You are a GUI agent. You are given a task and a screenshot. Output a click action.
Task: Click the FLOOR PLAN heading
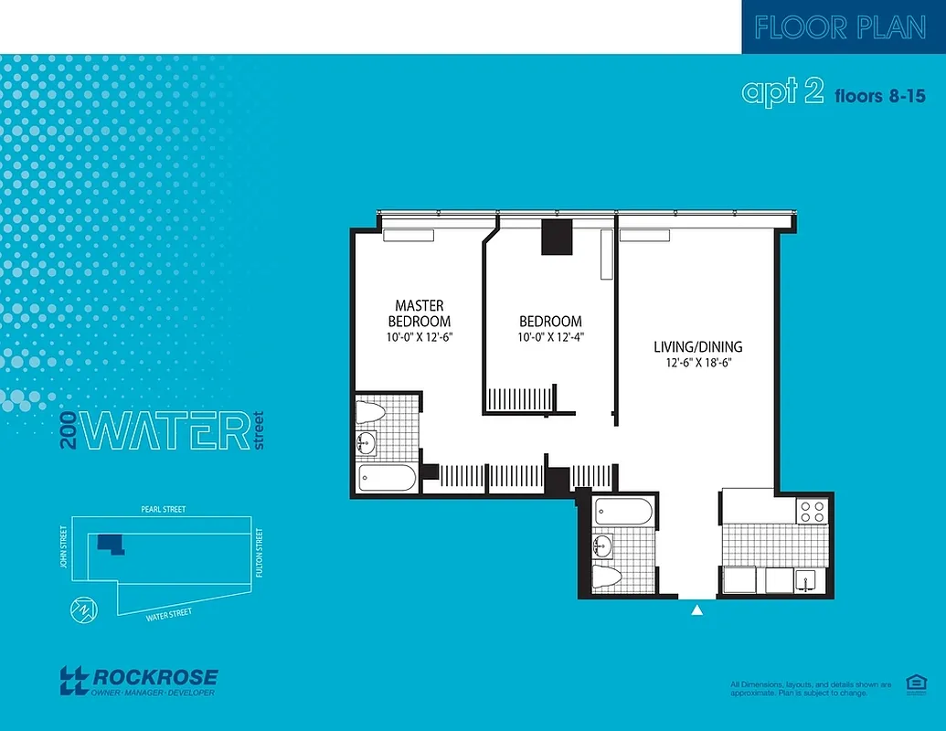[840, 27]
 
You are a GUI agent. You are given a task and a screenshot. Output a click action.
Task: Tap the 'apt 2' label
[783, 92]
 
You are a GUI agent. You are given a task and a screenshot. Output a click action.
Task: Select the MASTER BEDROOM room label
[420, 313]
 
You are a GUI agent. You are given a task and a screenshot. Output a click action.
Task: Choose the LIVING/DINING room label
[697, 346]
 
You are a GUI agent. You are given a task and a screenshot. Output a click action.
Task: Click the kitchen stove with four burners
[813, 511]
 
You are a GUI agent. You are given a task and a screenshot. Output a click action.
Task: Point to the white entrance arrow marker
[697, 610]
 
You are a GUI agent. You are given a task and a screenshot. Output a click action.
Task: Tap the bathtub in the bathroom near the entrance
[622, 511]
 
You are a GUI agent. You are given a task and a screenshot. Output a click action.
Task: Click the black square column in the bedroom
[556, 238]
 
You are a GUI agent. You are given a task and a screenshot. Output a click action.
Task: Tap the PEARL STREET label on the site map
[163, 509]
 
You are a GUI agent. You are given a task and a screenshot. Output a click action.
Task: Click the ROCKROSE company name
[155, 677]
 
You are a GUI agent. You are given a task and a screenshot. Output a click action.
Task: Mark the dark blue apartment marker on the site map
[110, 544]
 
